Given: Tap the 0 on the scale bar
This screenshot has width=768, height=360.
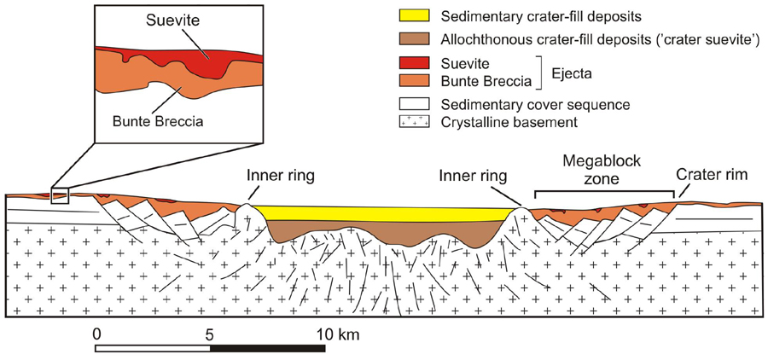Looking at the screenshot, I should [97, 332].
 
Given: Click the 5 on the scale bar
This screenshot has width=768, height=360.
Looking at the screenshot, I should [209, 332].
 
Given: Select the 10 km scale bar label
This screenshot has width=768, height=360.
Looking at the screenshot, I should [334, 332].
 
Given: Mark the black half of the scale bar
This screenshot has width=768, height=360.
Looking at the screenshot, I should [265, 348].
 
